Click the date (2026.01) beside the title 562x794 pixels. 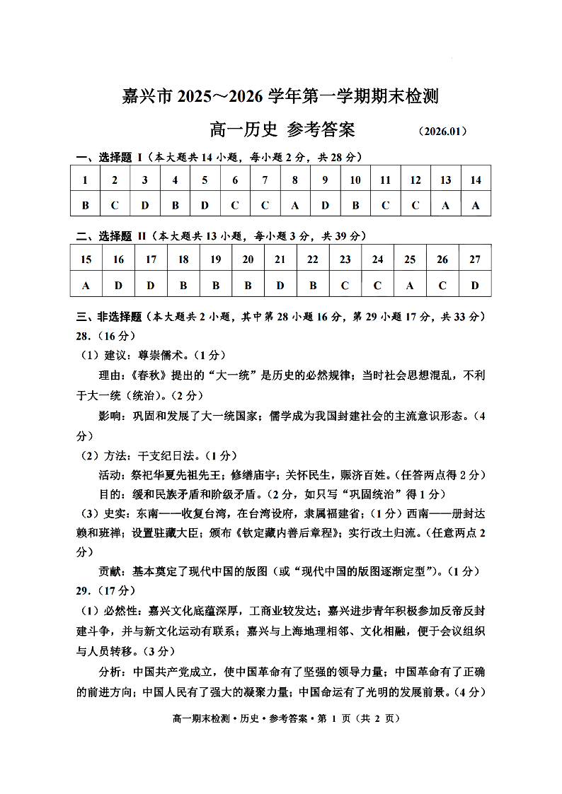pyautogui.click(x=442, y=132)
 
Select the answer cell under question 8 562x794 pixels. pyautogui.click(x=295, y=205)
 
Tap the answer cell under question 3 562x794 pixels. pyautogui.click(x=145, y=205)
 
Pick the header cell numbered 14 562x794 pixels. pyautogui.click(x=476, y=180)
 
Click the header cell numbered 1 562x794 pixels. pyautogui.click(x=86, y=180)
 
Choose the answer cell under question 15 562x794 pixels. pyautogui.click(x=86, y=285)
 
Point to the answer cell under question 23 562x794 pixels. pyautogui.click(x=345, y=285)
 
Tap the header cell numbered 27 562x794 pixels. pyautogui.click(x=475, y=259)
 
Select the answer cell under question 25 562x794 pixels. pyautogui.click(x=410, y=285)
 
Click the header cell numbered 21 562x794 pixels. pyautogui.click(x=280, y=259)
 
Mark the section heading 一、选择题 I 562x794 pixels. pyautogui.click(x=110, y=157)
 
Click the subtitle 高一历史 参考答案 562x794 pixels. pyautogui.click(x=282, y=130)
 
